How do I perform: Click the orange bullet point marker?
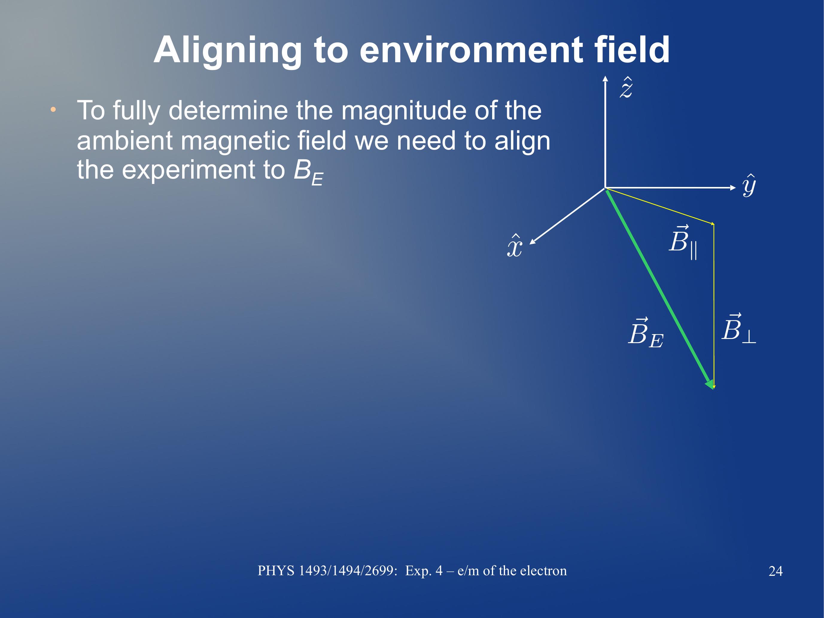click(53, 109)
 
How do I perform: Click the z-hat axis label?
click(626, 88)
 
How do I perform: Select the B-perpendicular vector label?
click(739, 328)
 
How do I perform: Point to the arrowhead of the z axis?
click(605, 78)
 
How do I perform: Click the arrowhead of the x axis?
click(533, 242)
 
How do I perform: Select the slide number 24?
click(776, 571)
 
